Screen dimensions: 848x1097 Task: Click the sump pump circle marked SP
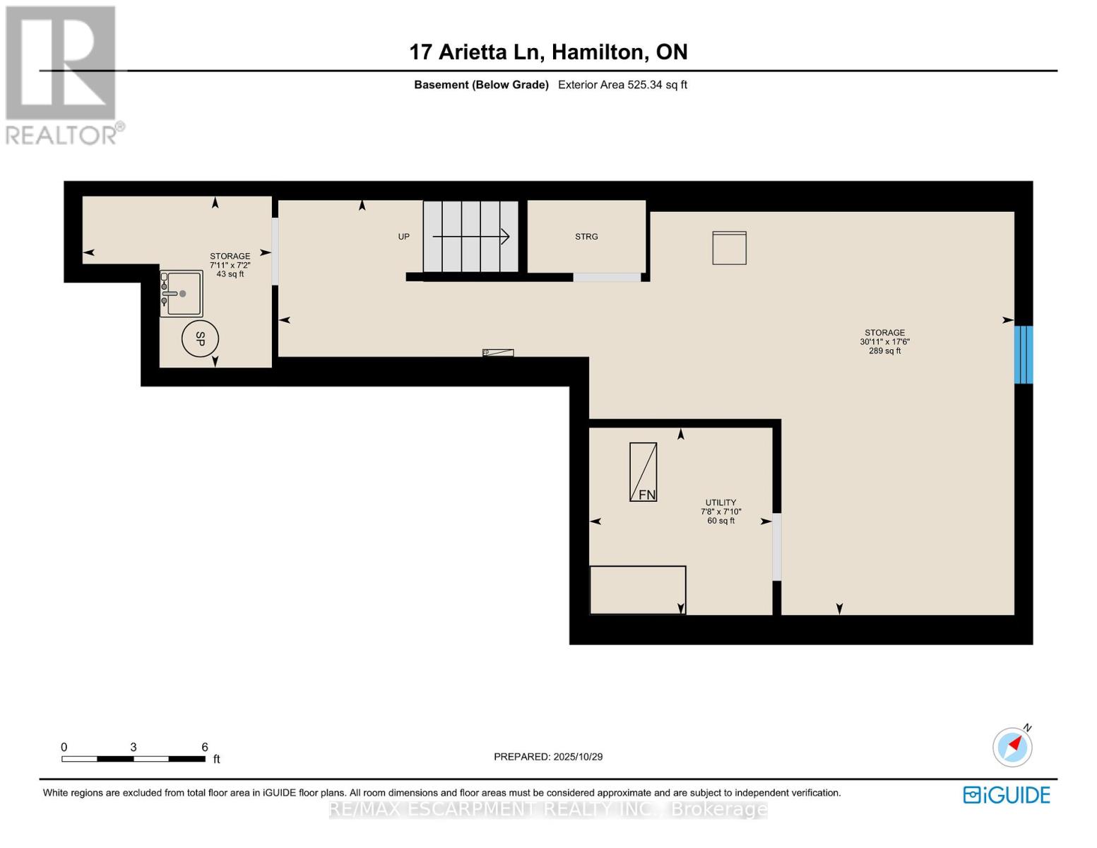pyautogui.click(x=200, y=339)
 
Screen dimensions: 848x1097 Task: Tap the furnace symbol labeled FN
pyautogui.click(x=643, y=472)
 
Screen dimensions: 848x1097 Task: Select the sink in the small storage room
pyautogui.click(x=182, y=293)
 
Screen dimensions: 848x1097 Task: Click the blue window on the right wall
pyautogui.click(x=1024, y=355)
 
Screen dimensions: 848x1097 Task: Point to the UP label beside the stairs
pyautogui.click(x=403, y=237)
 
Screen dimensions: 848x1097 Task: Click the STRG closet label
pyautogui.click(x=586, y=237)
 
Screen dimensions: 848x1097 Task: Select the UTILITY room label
pyautogui.click(x=721, y=502)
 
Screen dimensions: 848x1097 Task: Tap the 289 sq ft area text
pyautogui.click(x=884, y=351)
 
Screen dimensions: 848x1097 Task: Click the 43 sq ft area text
pyautogui.click(x=230, y=274)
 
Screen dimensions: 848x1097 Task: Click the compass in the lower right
pyautogui.click(x=1012, y=746)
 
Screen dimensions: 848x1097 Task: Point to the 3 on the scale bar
pyautogui.click(x=133, y=747)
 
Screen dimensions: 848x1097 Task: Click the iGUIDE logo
pyautogui.click(x=1007, y=795)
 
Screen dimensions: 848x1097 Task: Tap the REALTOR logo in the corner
pyautogui.click(x=61, y=74)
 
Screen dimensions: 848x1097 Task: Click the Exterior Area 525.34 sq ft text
pyautogui.click(x=622, y=85)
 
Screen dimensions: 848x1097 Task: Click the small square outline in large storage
pyautogui.click(x=729, y=248)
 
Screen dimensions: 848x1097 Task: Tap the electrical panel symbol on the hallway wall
pyautogui.click(x=498, y=353)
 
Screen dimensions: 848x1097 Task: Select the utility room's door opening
pyautogui.click(x=777, y=547)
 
